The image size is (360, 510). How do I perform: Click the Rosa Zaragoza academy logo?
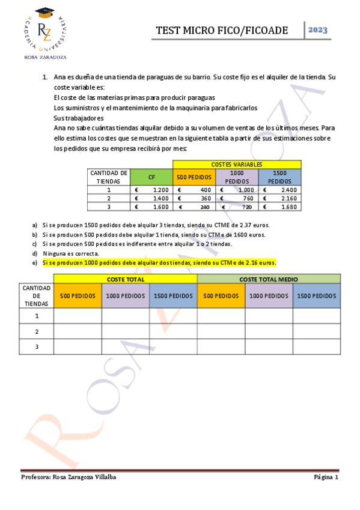45,32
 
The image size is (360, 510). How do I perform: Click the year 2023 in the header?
318,30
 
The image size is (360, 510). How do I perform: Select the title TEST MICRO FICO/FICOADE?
221,31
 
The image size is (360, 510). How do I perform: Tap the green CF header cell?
151,177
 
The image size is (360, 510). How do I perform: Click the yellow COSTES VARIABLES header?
237,164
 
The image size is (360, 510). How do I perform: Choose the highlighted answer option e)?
159,263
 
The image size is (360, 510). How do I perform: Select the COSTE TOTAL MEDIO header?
269,280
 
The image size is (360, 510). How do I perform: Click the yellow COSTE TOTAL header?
125,280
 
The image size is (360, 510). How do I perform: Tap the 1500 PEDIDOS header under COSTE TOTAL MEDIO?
317,296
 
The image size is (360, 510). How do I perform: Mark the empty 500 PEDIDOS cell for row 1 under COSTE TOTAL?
78,316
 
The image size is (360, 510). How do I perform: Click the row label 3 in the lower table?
37,347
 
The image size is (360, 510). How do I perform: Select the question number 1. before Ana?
45,78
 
